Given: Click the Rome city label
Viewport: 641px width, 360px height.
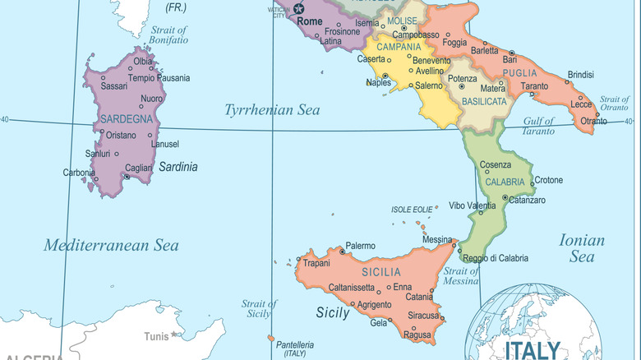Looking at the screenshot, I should tap(310, 21).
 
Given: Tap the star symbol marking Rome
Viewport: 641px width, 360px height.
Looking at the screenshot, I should tap(298, 8).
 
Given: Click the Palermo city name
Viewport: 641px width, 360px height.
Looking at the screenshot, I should tap(360, 246).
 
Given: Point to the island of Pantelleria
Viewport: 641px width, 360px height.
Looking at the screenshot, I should tap(271, 338).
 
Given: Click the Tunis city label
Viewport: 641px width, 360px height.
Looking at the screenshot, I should tap(156, 336).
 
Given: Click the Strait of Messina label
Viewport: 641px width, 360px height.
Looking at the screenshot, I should tap(461, 276).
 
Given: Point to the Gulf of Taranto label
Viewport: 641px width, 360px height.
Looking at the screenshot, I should tap(539, 126).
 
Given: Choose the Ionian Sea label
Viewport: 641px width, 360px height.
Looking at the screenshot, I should tap(582, 248).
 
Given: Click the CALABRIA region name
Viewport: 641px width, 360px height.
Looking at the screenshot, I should tap(505, 182).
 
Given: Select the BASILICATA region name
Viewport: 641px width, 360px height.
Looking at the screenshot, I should tap(483, 101).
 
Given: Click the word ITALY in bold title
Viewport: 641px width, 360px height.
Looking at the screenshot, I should tap(533, 349).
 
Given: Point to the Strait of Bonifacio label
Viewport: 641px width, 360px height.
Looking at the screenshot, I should tap(168, 35).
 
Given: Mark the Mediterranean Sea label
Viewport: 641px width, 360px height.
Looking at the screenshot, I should tap(111, 245).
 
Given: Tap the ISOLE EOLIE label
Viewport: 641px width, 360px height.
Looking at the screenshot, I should tap(412, 210).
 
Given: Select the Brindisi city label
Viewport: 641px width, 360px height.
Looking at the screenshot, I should tap(580, 74).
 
